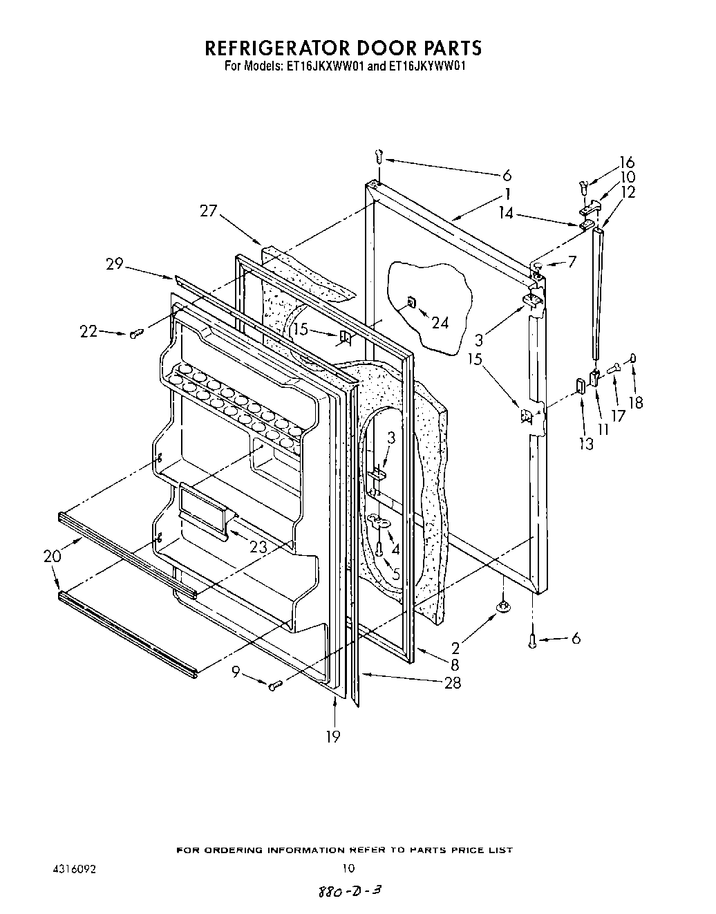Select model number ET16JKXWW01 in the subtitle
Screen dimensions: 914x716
tap(328, 68)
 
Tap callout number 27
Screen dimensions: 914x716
tap(208, 211)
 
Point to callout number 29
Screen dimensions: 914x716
tap(115, 263)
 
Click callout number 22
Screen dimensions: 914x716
tap(88, 332)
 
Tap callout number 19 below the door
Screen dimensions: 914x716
tap(333, 737)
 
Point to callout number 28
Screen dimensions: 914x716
tap(453, 683)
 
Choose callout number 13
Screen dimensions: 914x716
tap(586, 444)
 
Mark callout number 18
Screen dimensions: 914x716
tap(636, 402)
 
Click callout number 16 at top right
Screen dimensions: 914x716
tap(627, 162)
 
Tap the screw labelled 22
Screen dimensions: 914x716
tap(135, 334)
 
